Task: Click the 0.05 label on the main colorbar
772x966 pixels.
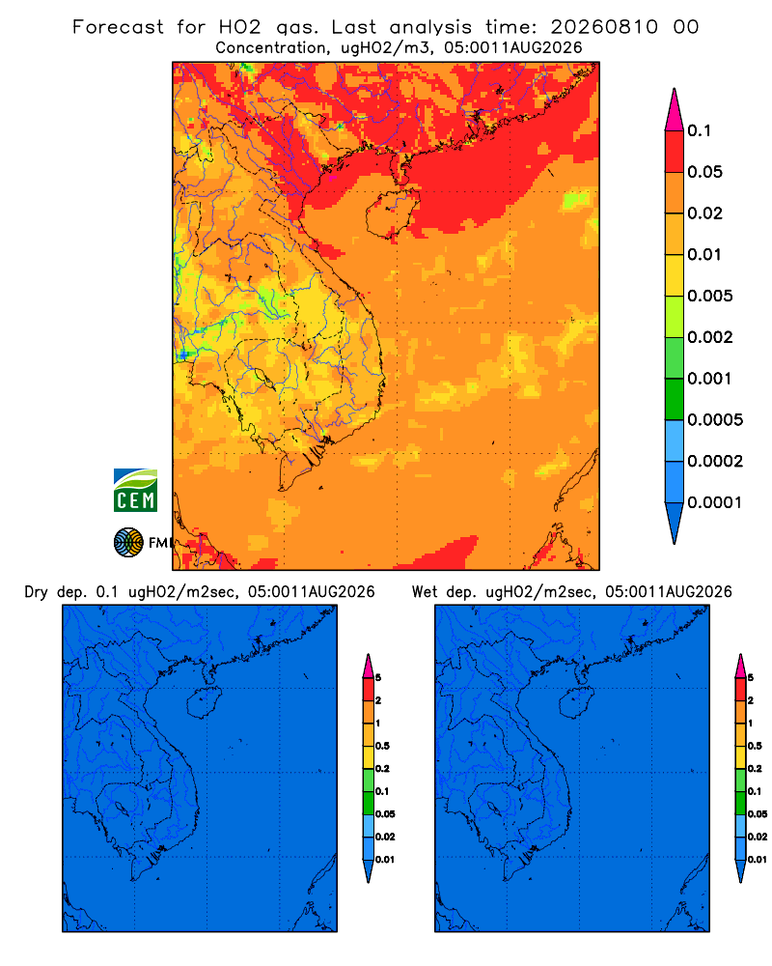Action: pos(704,172)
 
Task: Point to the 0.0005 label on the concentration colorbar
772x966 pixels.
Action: pos(715,420)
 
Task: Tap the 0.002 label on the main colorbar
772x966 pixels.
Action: pos(710,337)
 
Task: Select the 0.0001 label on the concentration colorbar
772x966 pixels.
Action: pos(715,502)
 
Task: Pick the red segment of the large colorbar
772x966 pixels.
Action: pos(675,152)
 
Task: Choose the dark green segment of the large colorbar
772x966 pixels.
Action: pos(675,399)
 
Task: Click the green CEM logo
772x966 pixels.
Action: pos(135,491)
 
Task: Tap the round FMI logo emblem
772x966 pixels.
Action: pos(128,542)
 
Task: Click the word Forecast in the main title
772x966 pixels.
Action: pos(118,27)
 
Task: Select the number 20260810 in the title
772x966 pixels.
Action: pos(604,27)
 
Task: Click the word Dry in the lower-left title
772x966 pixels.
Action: pos(37,592)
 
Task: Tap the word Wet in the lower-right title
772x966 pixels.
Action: pos(425,592)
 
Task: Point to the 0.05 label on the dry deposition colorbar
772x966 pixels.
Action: pos(385,813)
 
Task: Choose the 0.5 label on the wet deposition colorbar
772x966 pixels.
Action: pos(755,746)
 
